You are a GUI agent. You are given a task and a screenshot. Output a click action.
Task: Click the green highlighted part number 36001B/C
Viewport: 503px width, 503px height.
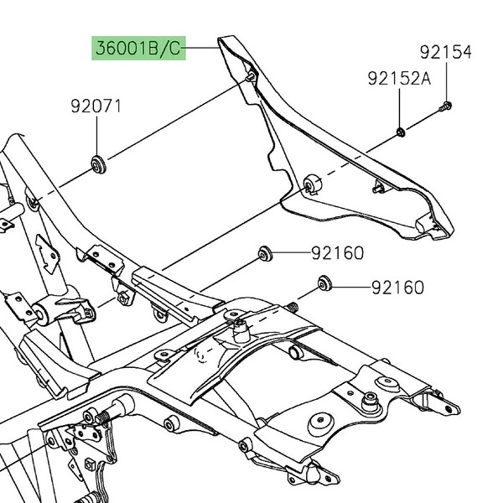coord(137,49)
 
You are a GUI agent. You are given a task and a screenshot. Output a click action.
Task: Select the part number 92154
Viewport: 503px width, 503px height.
coord(446,53)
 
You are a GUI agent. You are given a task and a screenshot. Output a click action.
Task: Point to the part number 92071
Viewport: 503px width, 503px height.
coord(96,106)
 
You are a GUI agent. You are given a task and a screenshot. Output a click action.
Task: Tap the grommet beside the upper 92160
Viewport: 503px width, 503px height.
coord(266,251)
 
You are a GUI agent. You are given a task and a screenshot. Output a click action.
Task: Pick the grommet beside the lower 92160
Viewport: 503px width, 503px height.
coord(322,283)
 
